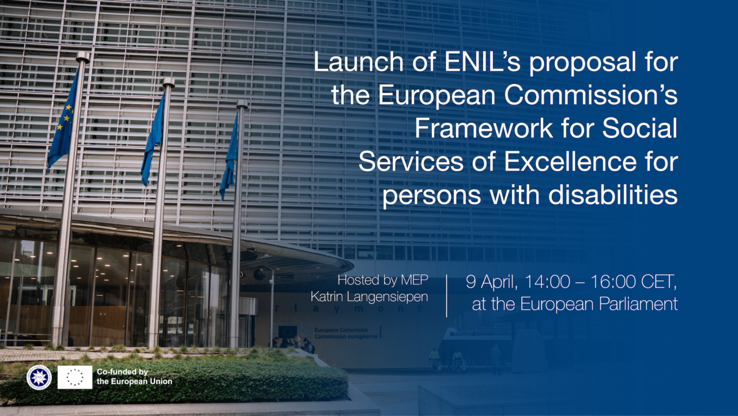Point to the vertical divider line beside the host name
tap(447, 295)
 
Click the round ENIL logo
tap(39, 377)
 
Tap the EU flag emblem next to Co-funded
tap(75, 377)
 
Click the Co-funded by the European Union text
tap(134, 377)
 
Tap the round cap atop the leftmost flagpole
tap(83, 57)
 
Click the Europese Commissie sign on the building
tap(347, 332)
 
